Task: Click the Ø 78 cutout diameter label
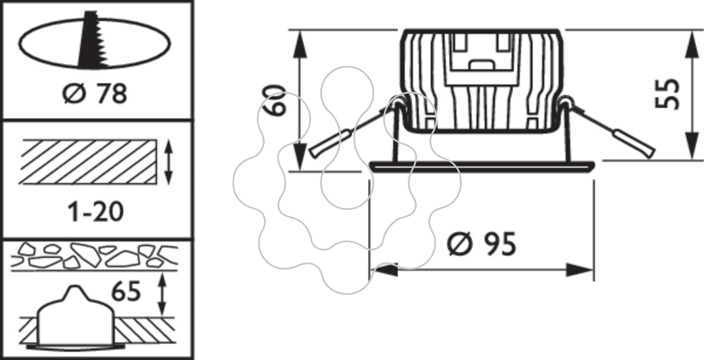(94, 93)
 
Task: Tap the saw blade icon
(92, 40)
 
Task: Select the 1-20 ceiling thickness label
(96, 212)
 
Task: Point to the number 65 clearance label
(126, 291)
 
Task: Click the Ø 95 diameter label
(482, 244)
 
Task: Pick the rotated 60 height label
(275, 100)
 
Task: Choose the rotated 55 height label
(667, 94)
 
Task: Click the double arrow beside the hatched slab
(169, 162)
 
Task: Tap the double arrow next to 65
(162, 294)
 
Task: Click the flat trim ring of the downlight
(482, 167)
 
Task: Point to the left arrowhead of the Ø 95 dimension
(384, 270)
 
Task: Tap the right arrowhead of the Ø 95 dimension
(579, 270)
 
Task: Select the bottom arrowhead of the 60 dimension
(300, 157)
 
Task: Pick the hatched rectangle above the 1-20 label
(88, 162)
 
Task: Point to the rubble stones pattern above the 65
(94, 256)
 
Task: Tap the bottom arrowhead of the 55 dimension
(692, 146)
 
